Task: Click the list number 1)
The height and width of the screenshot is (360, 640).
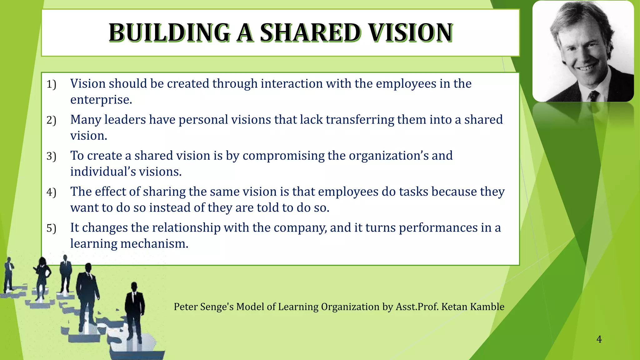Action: click(51, 84)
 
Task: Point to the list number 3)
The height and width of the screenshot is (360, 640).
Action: click(51, 156)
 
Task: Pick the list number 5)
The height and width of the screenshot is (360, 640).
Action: click(51, 228)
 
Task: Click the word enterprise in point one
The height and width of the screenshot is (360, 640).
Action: click(101, 100)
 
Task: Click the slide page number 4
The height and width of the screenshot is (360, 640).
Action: click(599, 339)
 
